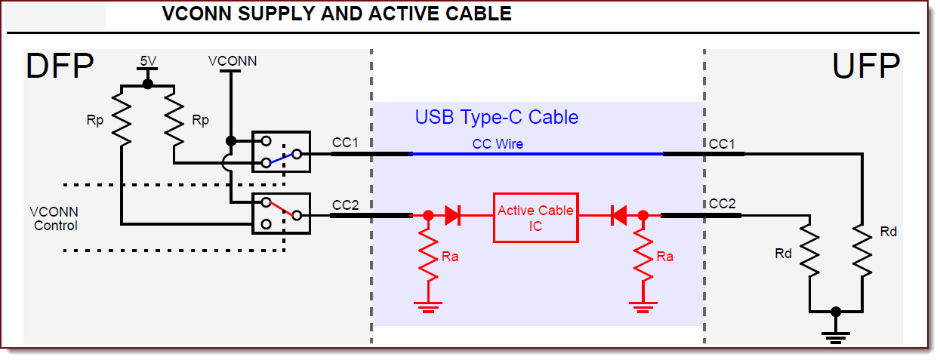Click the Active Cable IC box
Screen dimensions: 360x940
pyautogui.click(x=536, y=217)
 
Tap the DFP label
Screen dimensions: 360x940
pyautogui.click(x=60, y=67)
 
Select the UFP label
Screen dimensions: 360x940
pyautogui.click(x=865, y=67)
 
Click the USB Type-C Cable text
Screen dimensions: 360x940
pyautogui.click(x=496, y=118)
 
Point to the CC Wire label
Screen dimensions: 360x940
pyautogui.click(x=498, y=143)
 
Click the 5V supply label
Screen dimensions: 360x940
pyautogui.click(x=148, y=60)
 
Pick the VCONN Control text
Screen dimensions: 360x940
pyautogui.click(x=54, y=219)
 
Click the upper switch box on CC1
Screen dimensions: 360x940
pyautogui.click(x=281, y=152)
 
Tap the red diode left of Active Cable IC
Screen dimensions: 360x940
pyautogui.click(x=453, y=216)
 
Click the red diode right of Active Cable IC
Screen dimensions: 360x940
pyautogui.click(x=618, y=216)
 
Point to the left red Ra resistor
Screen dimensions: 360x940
pyautogui.click(x=428, y=254)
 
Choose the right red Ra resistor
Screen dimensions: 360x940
pyautogui.click(x=643, y=254)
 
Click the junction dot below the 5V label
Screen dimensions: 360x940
pyautogui.click(x=148, y=84)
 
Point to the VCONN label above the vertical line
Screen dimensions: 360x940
pyautogui.click(x=233, y=61)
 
